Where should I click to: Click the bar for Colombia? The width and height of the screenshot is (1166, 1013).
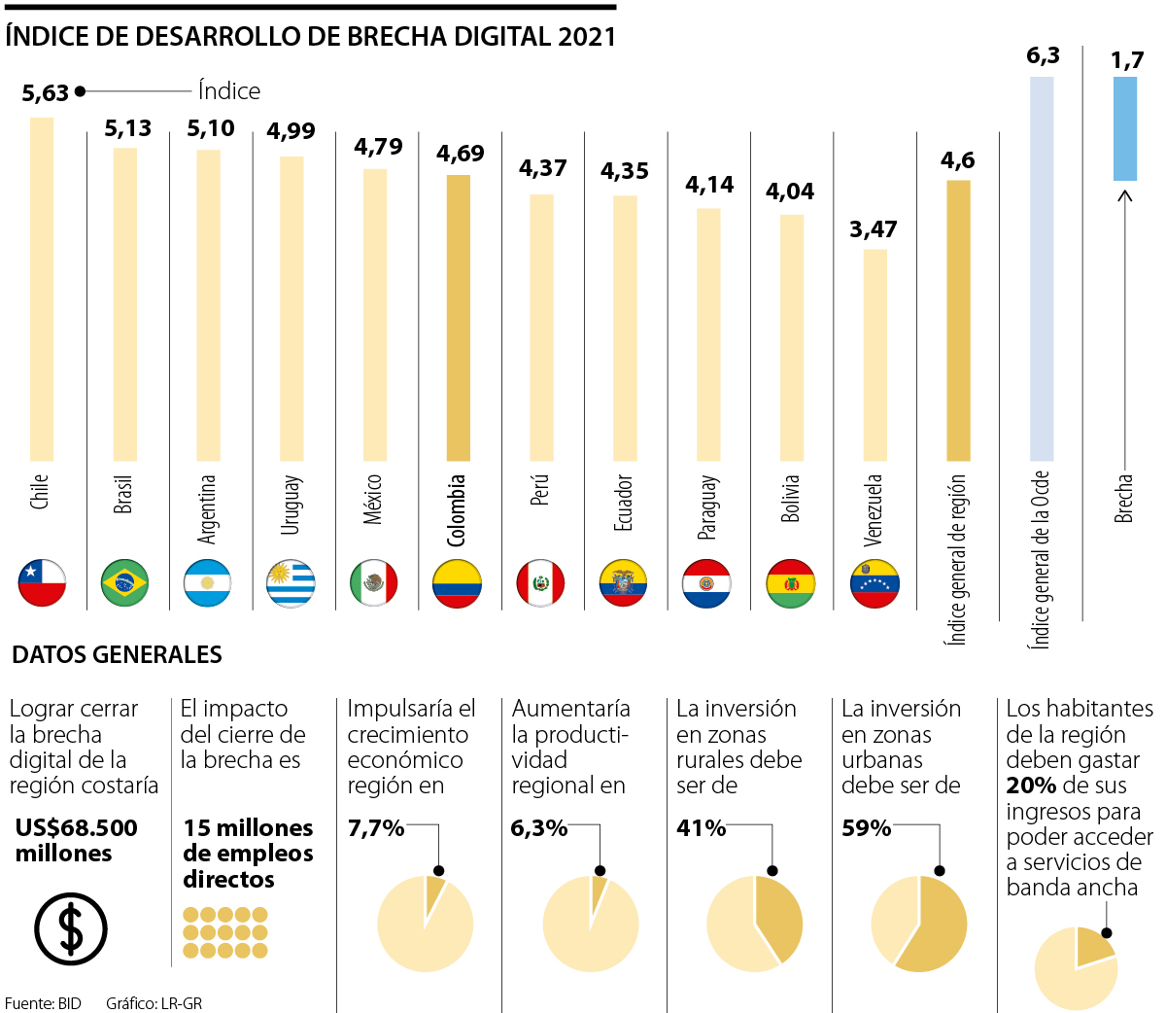pyautogui.click(x=458, y=317)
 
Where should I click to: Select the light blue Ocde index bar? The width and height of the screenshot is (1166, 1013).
pyautogui.click(x=1042, y=267)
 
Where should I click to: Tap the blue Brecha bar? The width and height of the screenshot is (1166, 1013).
pyautogui.click(x=1124, y=128)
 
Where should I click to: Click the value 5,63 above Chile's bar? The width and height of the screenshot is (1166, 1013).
pyautogui.click(x=46, y=93)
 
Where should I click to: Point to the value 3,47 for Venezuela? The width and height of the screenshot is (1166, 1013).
pyautogui.click(x=873, y=229)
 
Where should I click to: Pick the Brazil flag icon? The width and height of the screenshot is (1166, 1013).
pyautogui.click(x=124, y=583)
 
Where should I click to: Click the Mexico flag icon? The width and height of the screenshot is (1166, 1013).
pyautogui.click(x=374, y=583)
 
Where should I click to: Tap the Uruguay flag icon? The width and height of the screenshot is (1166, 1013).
pyautogui.click(x=291, y=583)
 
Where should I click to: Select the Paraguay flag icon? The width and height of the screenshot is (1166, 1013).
pyautogui.click(x=706, y=583)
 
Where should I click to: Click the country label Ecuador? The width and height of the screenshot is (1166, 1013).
pyautogui.click(x=624, y=503)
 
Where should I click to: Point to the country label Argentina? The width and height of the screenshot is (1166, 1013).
pyautogui.click(x=207, y=508)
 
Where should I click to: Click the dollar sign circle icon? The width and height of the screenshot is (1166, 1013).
pyautogui.click(x=71, y=928)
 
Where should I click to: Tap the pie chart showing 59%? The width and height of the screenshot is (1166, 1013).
pyautogui.click(x=919, y=924)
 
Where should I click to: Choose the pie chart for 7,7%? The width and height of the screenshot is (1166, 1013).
pyautogui.click(x=425, y=924)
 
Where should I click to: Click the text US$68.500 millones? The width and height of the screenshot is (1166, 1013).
pyautogui.click(x=77, y=840)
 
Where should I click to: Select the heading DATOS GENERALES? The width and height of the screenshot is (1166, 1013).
pyautogui.click(x=117, y=654)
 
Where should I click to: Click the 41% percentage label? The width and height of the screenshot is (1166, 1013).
pyautogui.click(x=702, y=828)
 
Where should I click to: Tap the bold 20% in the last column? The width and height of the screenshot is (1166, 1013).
pyautogui.click(x=1032, y=786)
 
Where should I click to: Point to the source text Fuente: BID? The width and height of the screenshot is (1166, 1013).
pyautogui.click(x=43, y=1003)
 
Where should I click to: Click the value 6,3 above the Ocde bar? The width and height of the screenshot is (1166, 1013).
pyautogui.click(x=1043, y=55)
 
